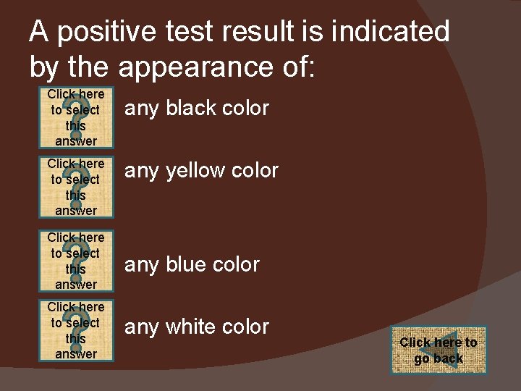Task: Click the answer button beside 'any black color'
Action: (x=75, y=117)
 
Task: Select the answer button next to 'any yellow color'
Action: (x=75, y=187)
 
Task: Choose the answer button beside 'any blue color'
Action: (x=75, y=260)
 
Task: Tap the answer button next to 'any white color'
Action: (x=75, y=330)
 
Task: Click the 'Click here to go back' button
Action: (x=439, y=350)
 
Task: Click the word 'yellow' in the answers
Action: (x=198, y=172)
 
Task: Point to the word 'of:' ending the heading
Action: (x=295, y=67)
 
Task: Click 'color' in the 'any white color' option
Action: (x=245, y=327)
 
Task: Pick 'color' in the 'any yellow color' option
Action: (x=255, y=172)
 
